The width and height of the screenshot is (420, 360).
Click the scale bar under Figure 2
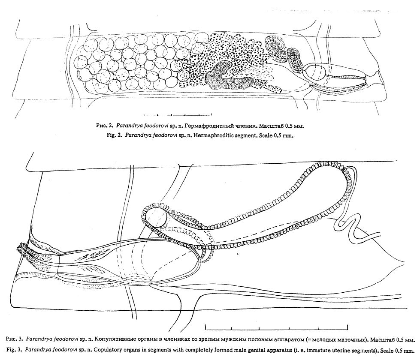pyautogui.click(x=178, y=115)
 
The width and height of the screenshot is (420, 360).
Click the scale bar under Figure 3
pyautogui.click(x=276, y=327)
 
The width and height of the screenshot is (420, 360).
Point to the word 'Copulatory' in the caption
pyautogui.click(x=108, y=351)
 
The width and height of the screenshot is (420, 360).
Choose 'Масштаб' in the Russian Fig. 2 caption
pyautogui.click(x=272, y=125)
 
